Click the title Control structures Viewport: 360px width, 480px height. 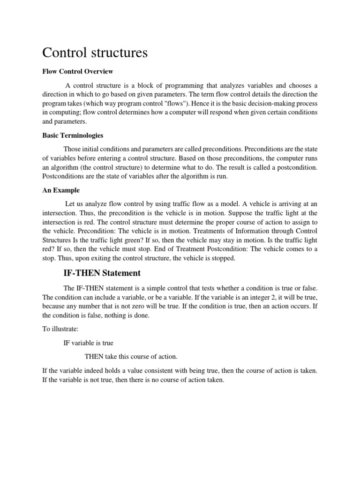(x=95, y=53)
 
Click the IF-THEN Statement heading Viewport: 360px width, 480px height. (x=102, y=273)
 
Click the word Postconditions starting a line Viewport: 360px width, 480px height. (x=62, y=176)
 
